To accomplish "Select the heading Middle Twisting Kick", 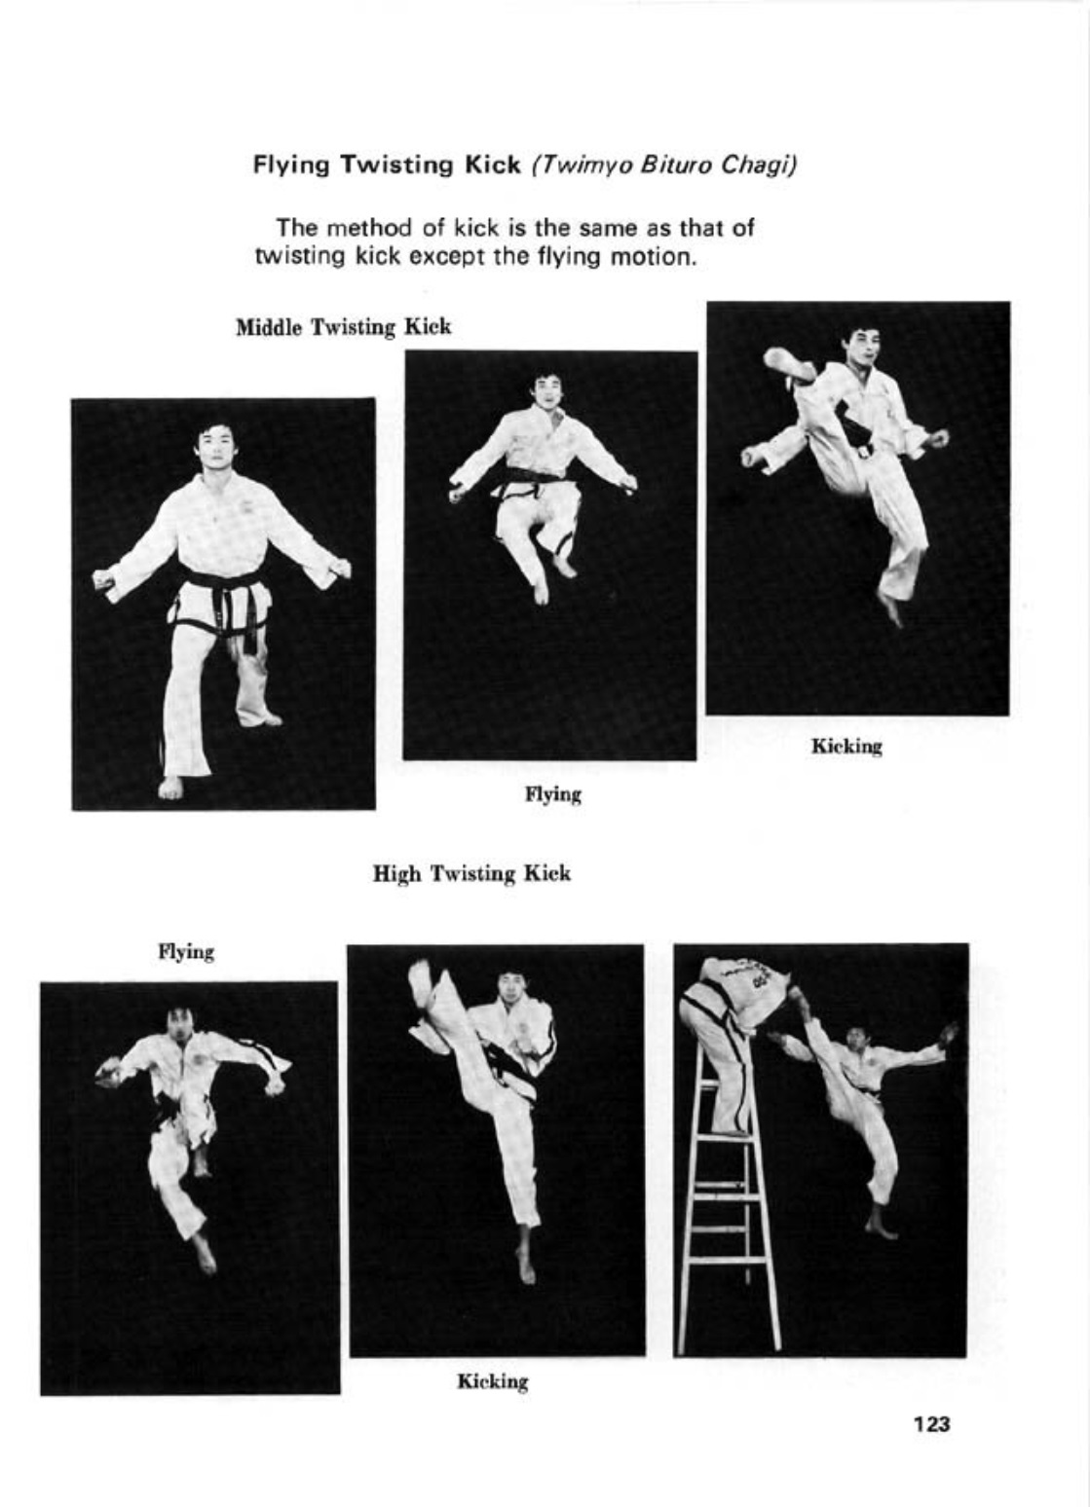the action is click(x=343, y=328).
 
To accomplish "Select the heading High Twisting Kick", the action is click(x=472, y=874).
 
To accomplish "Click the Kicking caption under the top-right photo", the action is click(x=846, y=747).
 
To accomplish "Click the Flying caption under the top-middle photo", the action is click(x=553, y=795).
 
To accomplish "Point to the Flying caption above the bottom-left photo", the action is click(x=186, y=953).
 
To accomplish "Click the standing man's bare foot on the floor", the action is click(x=171, y=788).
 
